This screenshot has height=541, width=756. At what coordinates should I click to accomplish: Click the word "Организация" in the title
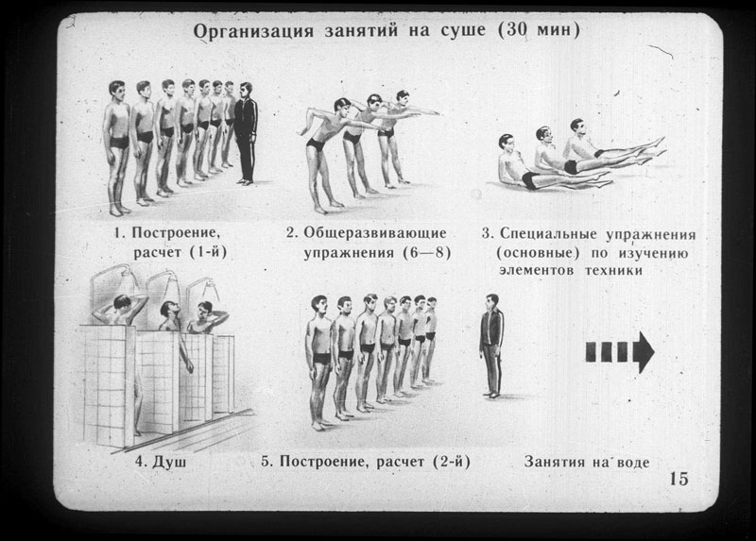point(253,32)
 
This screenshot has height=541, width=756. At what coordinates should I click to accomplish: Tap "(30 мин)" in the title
point(539,30)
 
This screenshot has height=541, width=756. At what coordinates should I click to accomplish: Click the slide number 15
point(679,479)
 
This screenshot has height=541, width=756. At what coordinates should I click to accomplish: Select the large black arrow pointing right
point(620,351)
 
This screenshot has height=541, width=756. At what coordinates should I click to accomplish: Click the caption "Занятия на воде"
point(586,462)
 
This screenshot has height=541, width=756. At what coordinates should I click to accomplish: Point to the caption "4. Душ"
point(161,462)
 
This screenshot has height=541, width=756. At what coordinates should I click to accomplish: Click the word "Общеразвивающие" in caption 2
point(374,233)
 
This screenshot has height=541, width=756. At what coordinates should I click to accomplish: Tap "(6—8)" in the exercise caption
point(427,252)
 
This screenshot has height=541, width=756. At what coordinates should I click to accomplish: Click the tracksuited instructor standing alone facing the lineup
point(491,346)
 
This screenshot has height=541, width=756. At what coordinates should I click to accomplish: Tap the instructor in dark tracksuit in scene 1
point(246,133)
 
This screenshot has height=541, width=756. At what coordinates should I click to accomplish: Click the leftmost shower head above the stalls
point(129,273)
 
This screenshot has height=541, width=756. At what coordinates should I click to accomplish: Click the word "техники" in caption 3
point(613,270)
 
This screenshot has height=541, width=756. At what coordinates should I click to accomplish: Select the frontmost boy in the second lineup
point(318,363)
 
